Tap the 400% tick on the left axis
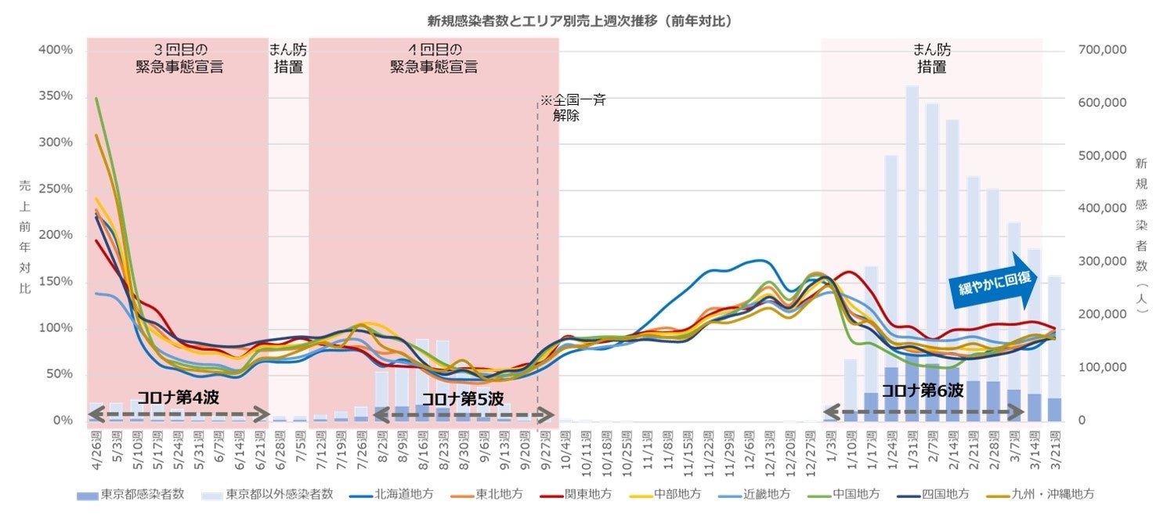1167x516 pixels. click(55, 50)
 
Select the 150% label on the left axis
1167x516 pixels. click(55, 282)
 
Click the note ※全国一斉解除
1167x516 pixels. click(573, 108)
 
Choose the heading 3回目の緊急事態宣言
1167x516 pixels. click(179, 59)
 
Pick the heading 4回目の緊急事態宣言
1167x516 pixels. click(434, 59)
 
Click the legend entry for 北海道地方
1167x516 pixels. click(384, 494)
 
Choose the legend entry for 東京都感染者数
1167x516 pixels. click(133, 494)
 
